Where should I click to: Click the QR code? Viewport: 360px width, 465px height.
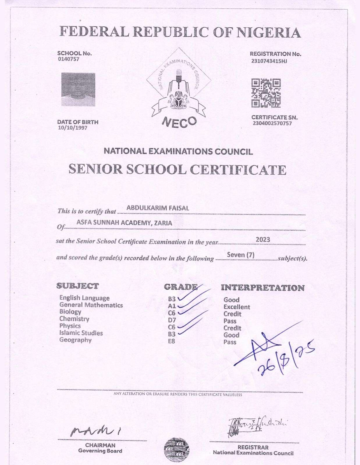[x=266, y=93]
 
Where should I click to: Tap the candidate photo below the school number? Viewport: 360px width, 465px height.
[x=78, y=89]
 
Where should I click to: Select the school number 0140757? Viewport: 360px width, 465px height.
[x=68, y=59]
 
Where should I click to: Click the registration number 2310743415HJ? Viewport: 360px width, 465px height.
[x=269, y=61]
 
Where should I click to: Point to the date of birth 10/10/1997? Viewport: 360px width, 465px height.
[x=72, y=128]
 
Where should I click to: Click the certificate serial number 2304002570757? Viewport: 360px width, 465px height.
[x=272, y=124]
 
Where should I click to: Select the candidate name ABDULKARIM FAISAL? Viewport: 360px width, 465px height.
[x=158, y=208]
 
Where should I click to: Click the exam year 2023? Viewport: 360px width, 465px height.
[x=263, y=240]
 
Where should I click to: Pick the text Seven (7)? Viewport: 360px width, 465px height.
[x=241, y=255]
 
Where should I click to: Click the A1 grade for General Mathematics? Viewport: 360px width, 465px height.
[x=172, y=306]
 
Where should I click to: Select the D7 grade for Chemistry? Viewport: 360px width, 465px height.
[x=172, y=320]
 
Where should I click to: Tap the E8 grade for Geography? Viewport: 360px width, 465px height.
[x=172, y=341]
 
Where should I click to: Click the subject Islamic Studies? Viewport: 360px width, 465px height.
[x=81, y=333]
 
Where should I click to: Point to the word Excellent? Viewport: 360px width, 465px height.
[x=237, y=307]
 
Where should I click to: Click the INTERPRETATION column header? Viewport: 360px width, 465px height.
[x=263, y=288]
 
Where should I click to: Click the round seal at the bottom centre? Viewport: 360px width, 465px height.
[x=177, y=450]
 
